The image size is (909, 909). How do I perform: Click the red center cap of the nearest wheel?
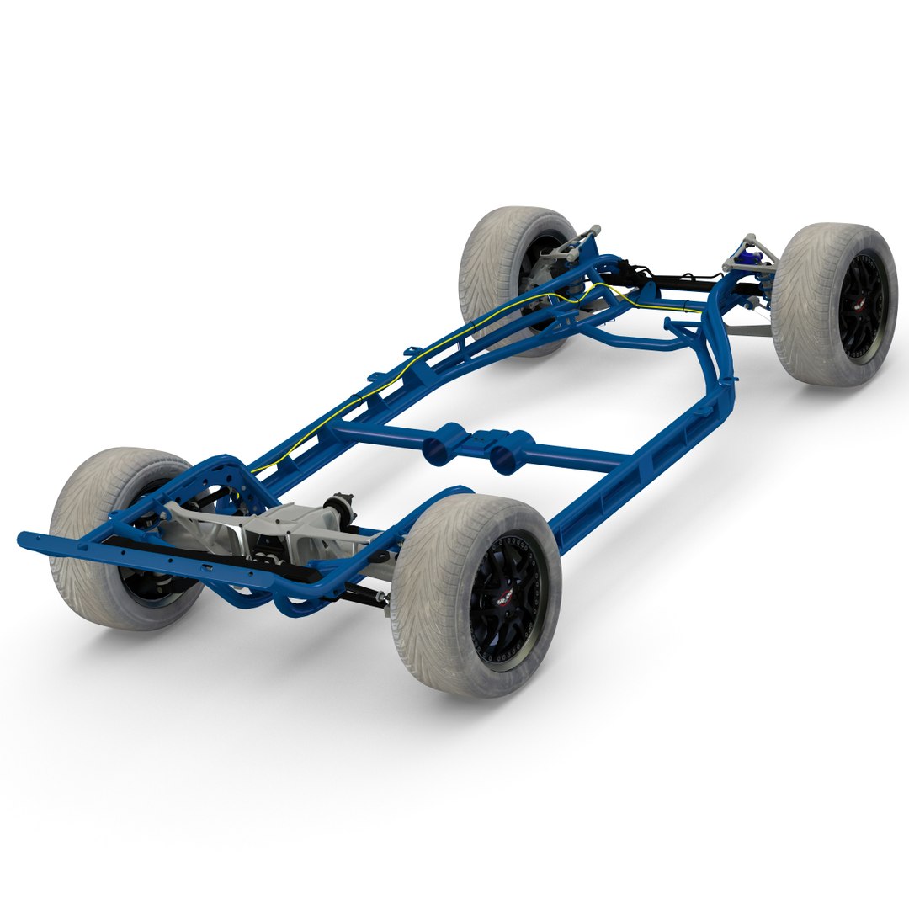pos(504,599)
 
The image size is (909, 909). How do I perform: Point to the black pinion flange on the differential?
pos(343,506)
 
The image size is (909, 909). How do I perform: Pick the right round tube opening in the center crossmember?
pos(505,455)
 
